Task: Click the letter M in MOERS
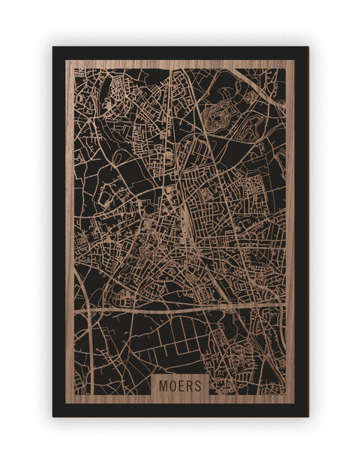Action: tap(163, 385)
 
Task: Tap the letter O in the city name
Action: tap(172, 385)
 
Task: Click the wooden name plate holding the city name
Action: tap(180, 385)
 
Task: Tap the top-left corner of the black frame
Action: tap(54, 48)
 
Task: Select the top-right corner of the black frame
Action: tap(307, 48)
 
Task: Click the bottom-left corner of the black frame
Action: tap(54, 415)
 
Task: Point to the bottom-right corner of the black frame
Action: tap(307, 415)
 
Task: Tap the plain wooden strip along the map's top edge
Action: tap(180, 64)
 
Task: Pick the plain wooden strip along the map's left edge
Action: tap(70, 225)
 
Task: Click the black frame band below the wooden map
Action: tap(180, 410)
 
